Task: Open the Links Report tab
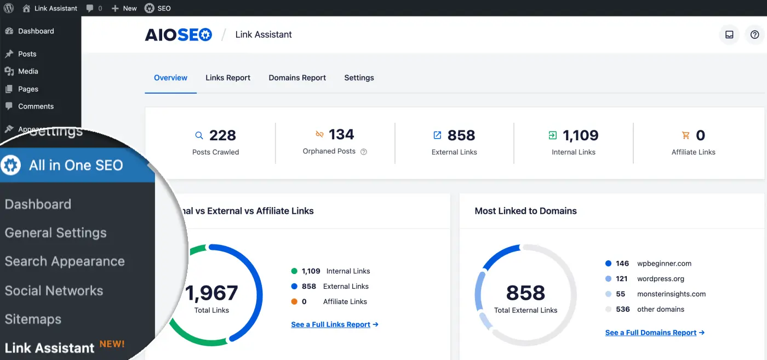click(x=228, y=78)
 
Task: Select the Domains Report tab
click(x=297, y=78)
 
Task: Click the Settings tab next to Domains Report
click(x=359, y=78)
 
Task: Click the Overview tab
click(x=170, y=78)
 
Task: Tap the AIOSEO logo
click(x=178, y=35)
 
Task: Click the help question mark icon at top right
click(x=754, y=35)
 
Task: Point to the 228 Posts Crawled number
click(x=222, y=135)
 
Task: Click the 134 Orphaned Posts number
click(x=341, y=134)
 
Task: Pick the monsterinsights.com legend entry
click(x=671, y=294)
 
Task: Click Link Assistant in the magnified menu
click(x=50, y=348)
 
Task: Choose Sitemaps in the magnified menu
click(x=33, y=319)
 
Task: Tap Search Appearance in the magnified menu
click(x=65, y=261)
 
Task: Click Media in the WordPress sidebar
click(x=28, y=71)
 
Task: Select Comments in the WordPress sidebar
click(x=36, y=106)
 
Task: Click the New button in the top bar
click(x=124, y=8)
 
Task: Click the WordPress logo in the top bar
click(x=8, y=8)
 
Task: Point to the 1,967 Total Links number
click(x=212, y=293)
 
